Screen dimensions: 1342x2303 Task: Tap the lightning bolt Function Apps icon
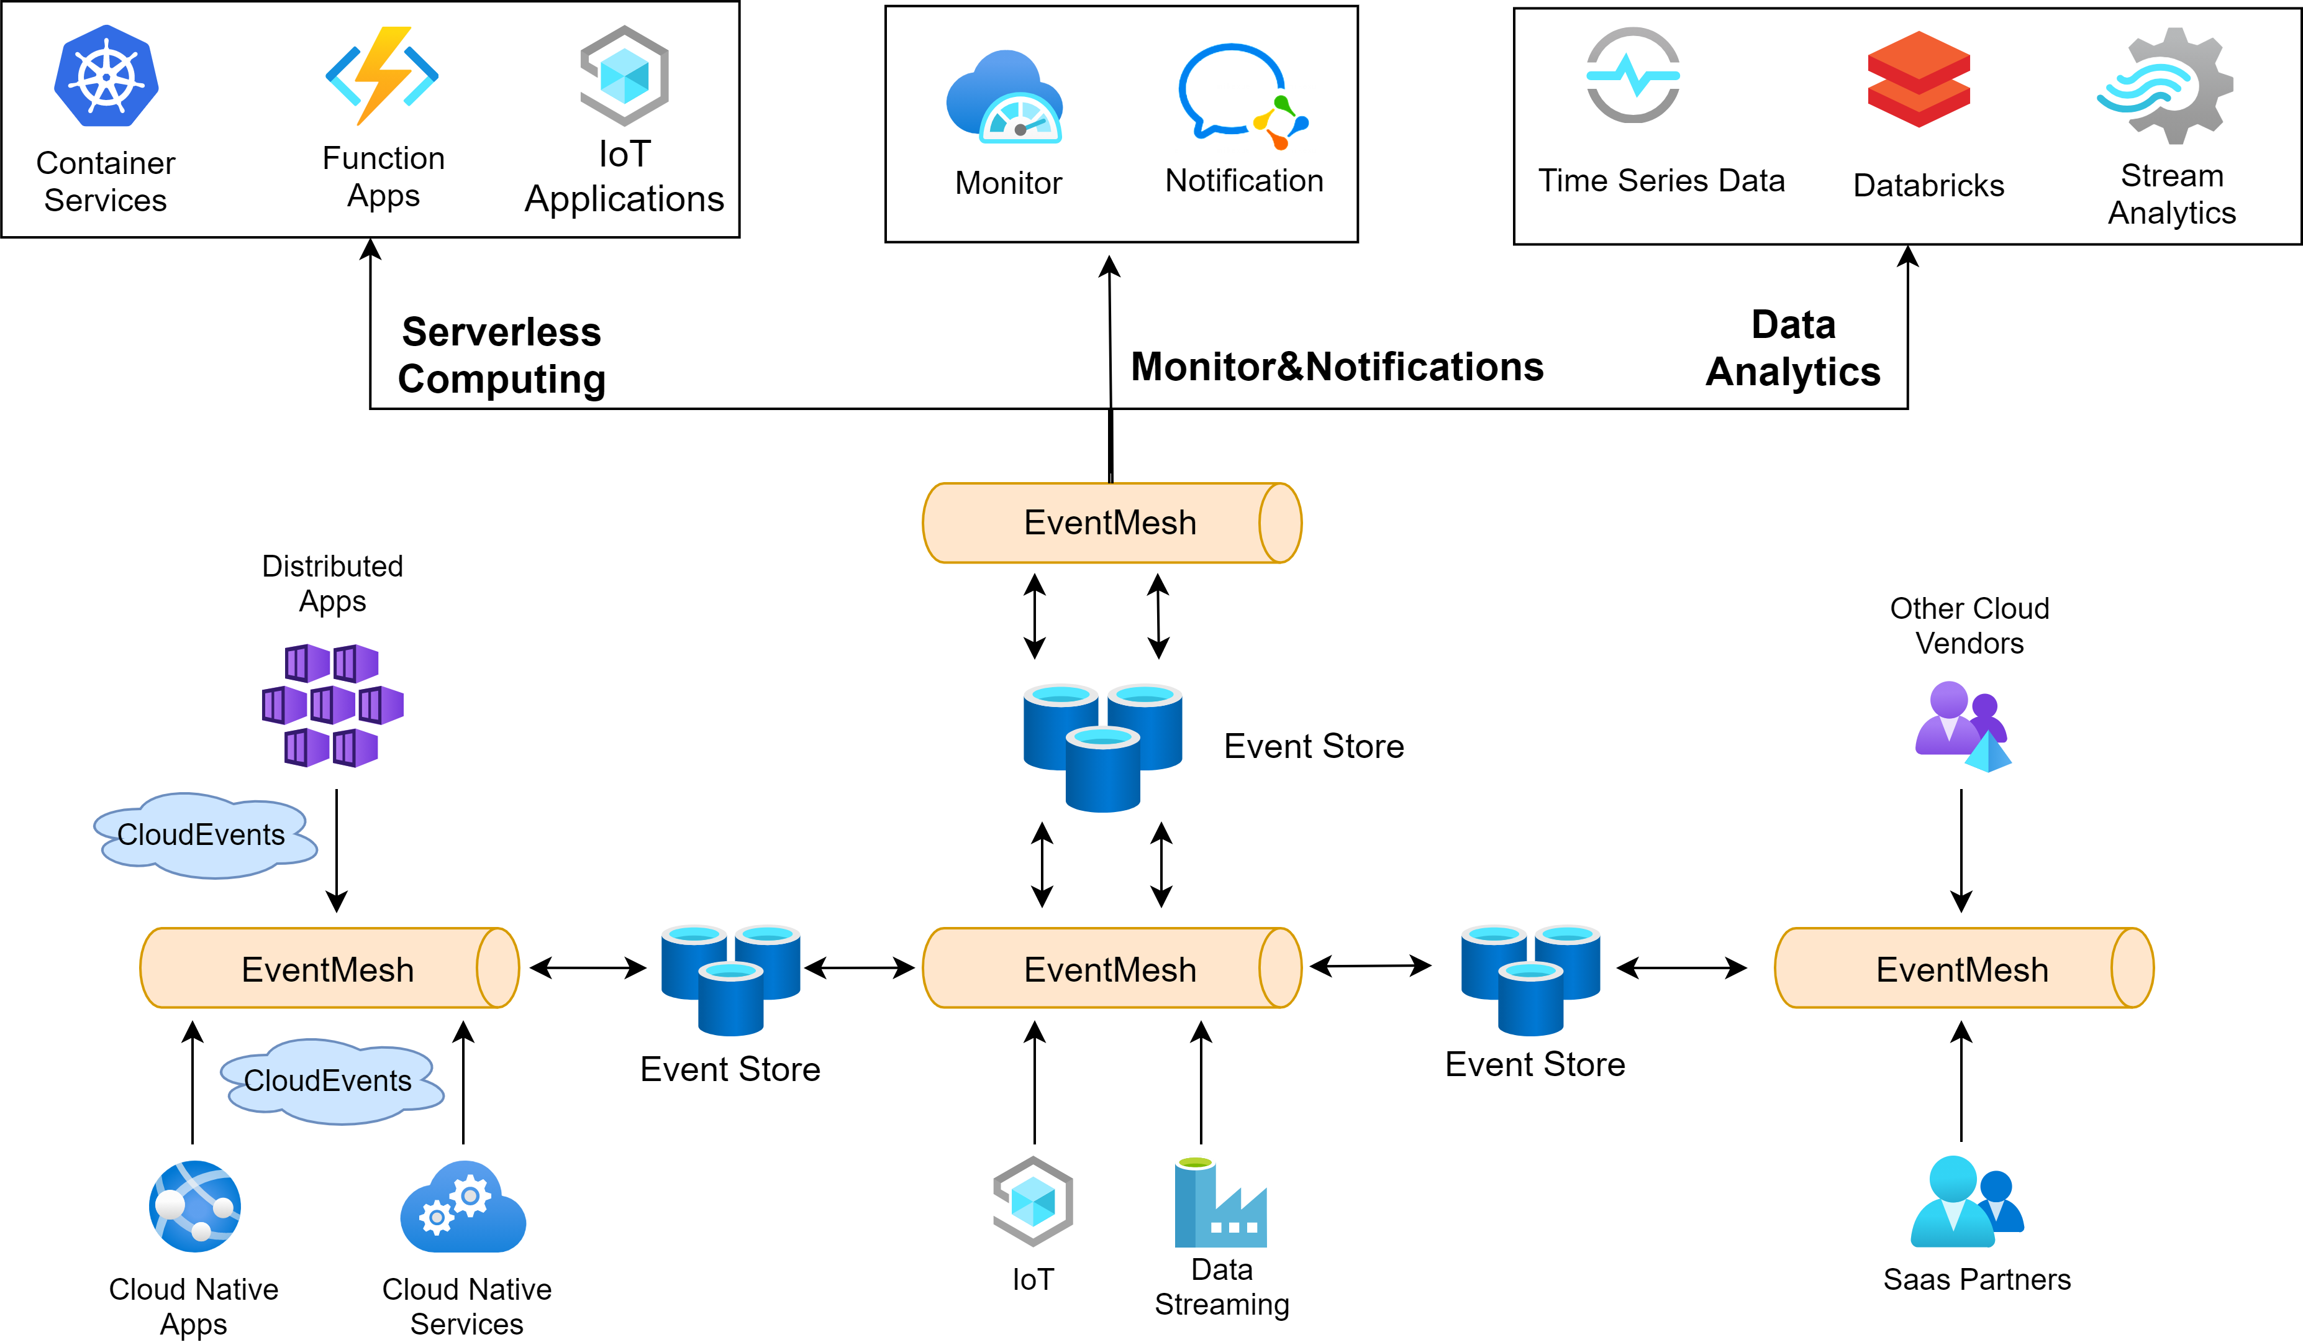click(382, 76)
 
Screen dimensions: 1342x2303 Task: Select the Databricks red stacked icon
click(1919, 79)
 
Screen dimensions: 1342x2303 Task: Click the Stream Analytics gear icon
click(2165, 85)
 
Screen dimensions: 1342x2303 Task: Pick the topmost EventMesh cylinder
click(1111, 523)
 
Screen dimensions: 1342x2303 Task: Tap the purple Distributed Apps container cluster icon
click(333, 705)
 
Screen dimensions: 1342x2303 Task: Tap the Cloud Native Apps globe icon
click(194, 1206)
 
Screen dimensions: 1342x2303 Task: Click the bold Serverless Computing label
click(502, 355)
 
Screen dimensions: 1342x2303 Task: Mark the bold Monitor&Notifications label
click(1337, 367)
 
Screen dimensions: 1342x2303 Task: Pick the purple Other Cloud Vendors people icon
click(1962, 726)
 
